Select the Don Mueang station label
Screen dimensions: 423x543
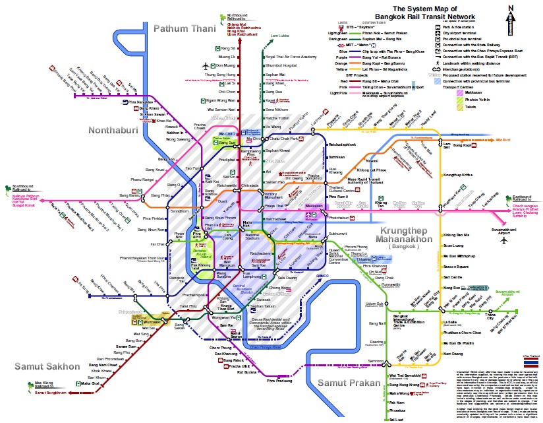225,66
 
